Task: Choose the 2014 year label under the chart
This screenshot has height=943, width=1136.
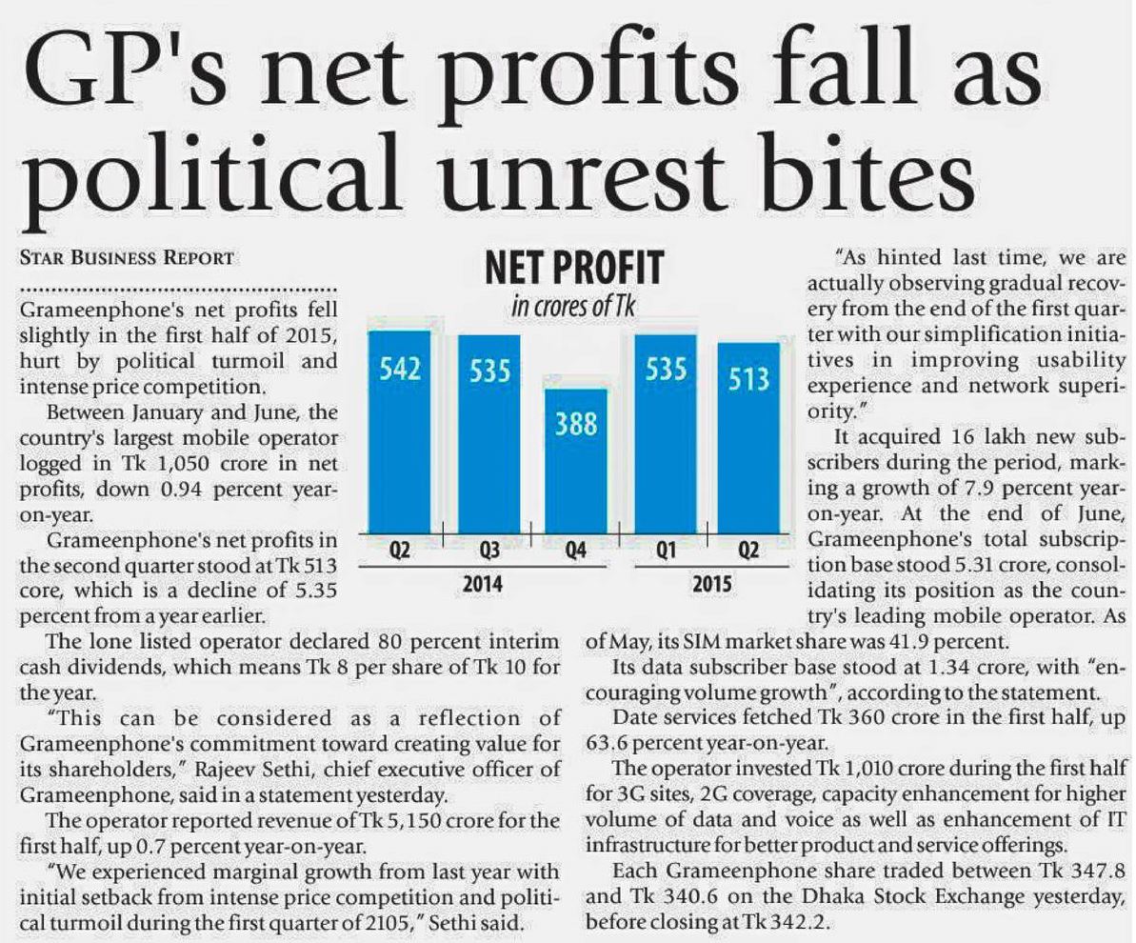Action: (x=484, y=582)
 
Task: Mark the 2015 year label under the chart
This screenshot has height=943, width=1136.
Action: (x=711, y=582)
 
